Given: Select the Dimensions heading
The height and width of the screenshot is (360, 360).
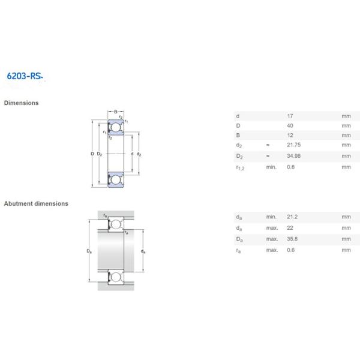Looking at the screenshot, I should tap(22, 103).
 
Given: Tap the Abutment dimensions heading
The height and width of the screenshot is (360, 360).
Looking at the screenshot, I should tap(36, 203).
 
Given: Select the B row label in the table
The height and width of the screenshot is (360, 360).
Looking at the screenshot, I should tap(238, 135).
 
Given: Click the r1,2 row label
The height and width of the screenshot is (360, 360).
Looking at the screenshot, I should tap(240, 167).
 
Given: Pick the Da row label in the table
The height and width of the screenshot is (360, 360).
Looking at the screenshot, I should tap(239, 239).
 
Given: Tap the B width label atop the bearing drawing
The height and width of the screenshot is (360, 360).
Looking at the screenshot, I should tap(116, 112).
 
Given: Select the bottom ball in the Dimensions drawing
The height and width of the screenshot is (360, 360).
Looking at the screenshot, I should tap(116, 179).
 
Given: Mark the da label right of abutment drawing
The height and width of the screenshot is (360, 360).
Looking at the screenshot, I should tap(142, 251).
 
